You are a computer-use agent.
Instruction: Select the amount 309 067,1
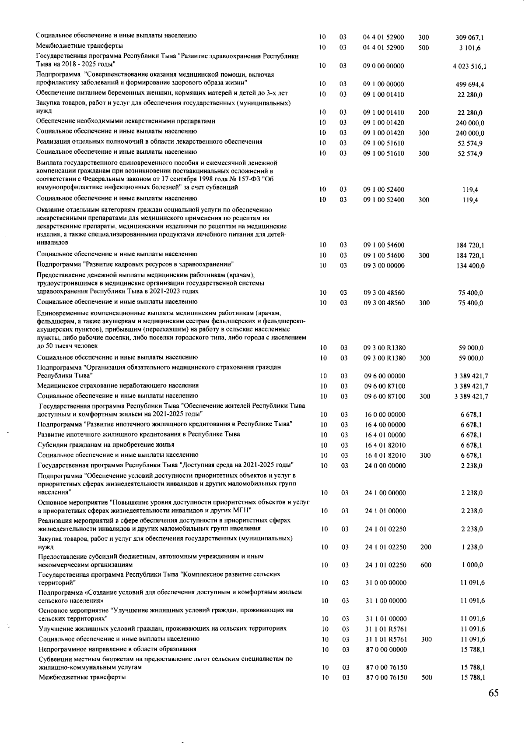tap(469, 38)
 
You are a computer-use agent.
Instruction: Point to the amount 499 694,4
tap(469, 85)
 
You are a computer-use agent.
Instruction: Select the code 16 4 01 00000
tap(385, 435)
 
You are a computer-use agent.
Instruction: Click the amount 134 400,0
tap(470, 266)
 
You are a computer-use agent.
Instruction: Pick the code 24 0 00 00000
tap(385, 465)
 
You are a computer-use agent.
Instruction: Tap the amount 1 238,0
tap(472, 547)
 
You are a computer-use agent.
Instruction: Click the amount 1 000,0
tap(472, 565)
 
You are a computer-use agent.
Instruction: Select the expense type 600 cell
tap(426, 565)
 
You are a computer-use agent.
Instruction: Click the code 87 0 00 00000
tap(386, 649)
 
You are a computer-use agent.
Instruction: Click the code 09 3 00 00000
tap(384, 266)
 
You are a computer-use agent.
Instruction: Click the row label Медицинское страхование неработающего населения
tap(118, 385)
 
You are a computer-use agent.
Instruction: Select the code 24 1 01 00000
tap(385, 511)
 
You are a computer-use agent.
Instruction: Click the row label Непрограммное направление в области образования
tap(117, 649)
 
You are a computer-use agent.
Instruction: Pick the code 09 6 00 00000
tap(385, 376)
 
